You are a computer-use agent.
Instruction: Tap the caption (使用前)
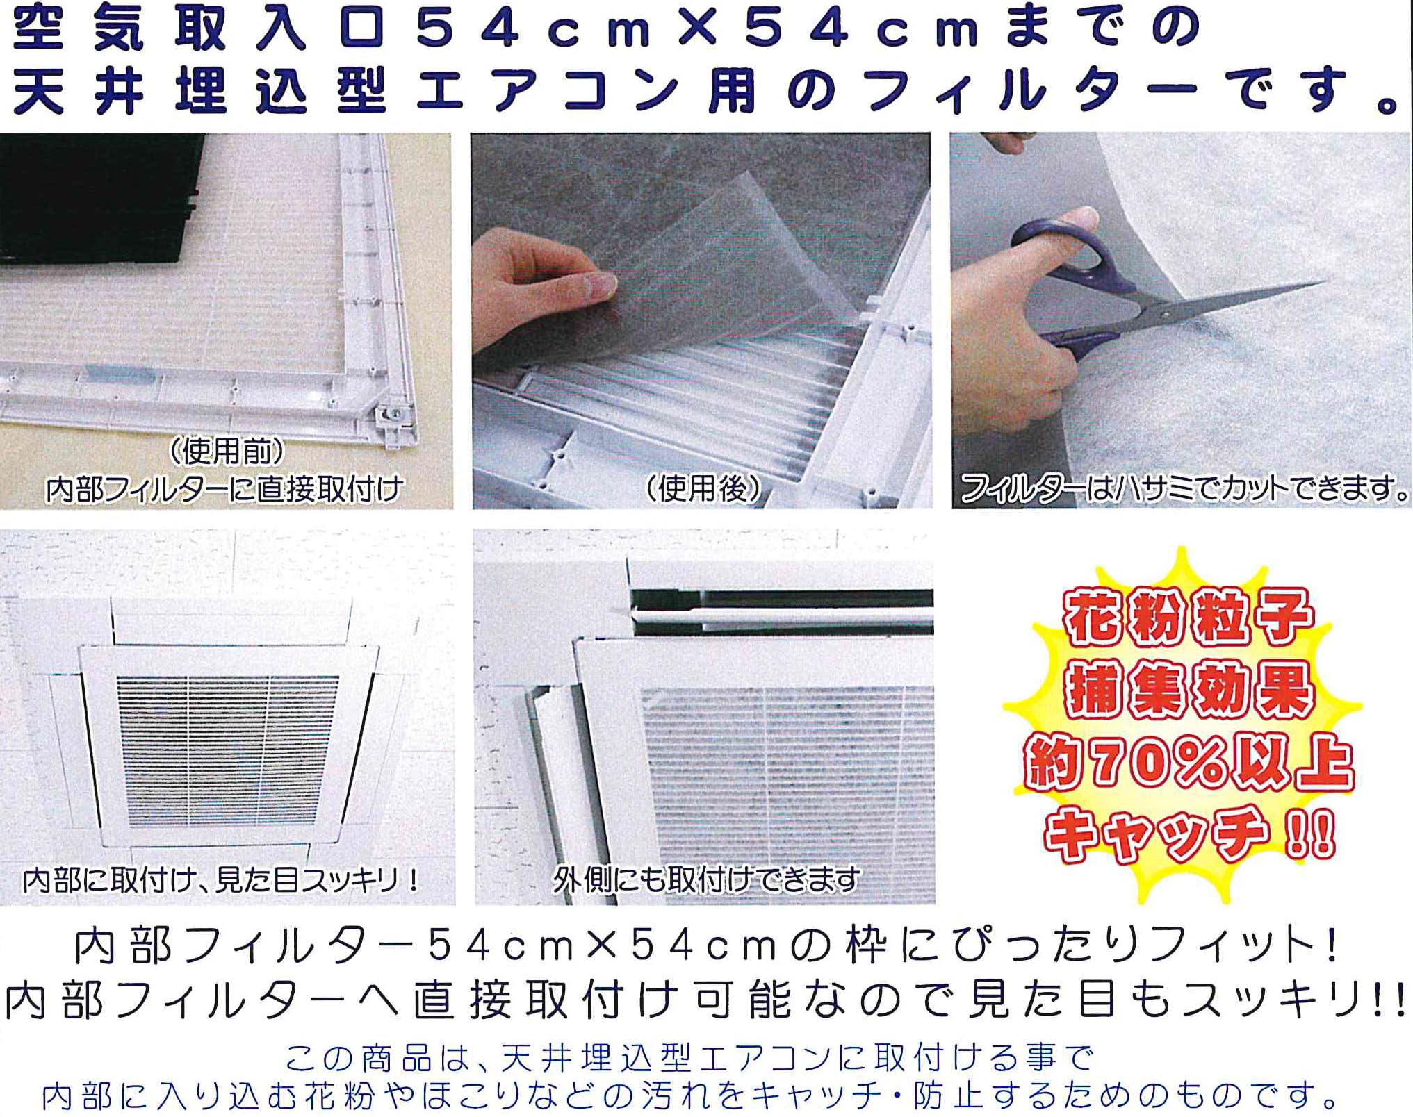click(227, 452)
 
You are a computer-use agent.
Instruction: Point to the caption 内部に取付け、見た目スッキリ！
click(222, 880)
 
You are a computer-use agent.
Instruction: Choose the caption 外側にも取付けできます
click(706, 880)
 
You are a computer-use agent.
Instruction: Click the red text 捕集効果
click(1189, 690)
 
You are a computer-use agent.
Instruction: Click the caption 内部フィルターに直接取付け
click(224, 489)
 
